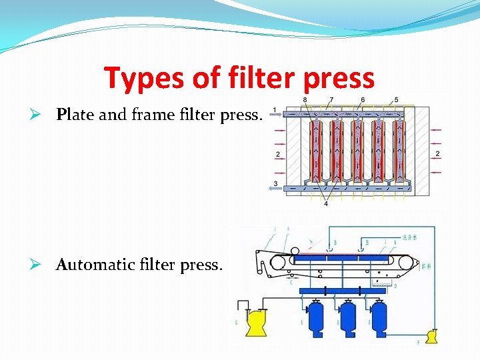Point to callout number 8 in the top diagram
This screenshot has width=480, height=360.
(305, 100)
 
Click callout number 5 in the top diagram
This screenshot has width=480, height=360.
(397, 100)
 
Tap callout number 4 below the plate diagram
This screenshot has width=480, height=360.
(326, 203)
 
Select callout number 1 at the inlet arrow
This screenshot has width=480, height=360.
(275, 109)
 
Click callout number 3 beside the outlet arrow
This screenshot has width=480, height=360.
(275, 183)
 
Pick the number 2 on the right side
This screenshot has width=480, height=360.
(437, 154)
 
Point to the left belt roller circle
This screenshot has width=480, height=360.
(278, 263)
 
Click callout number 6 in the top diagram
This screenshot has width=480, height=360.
(362, 100)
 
